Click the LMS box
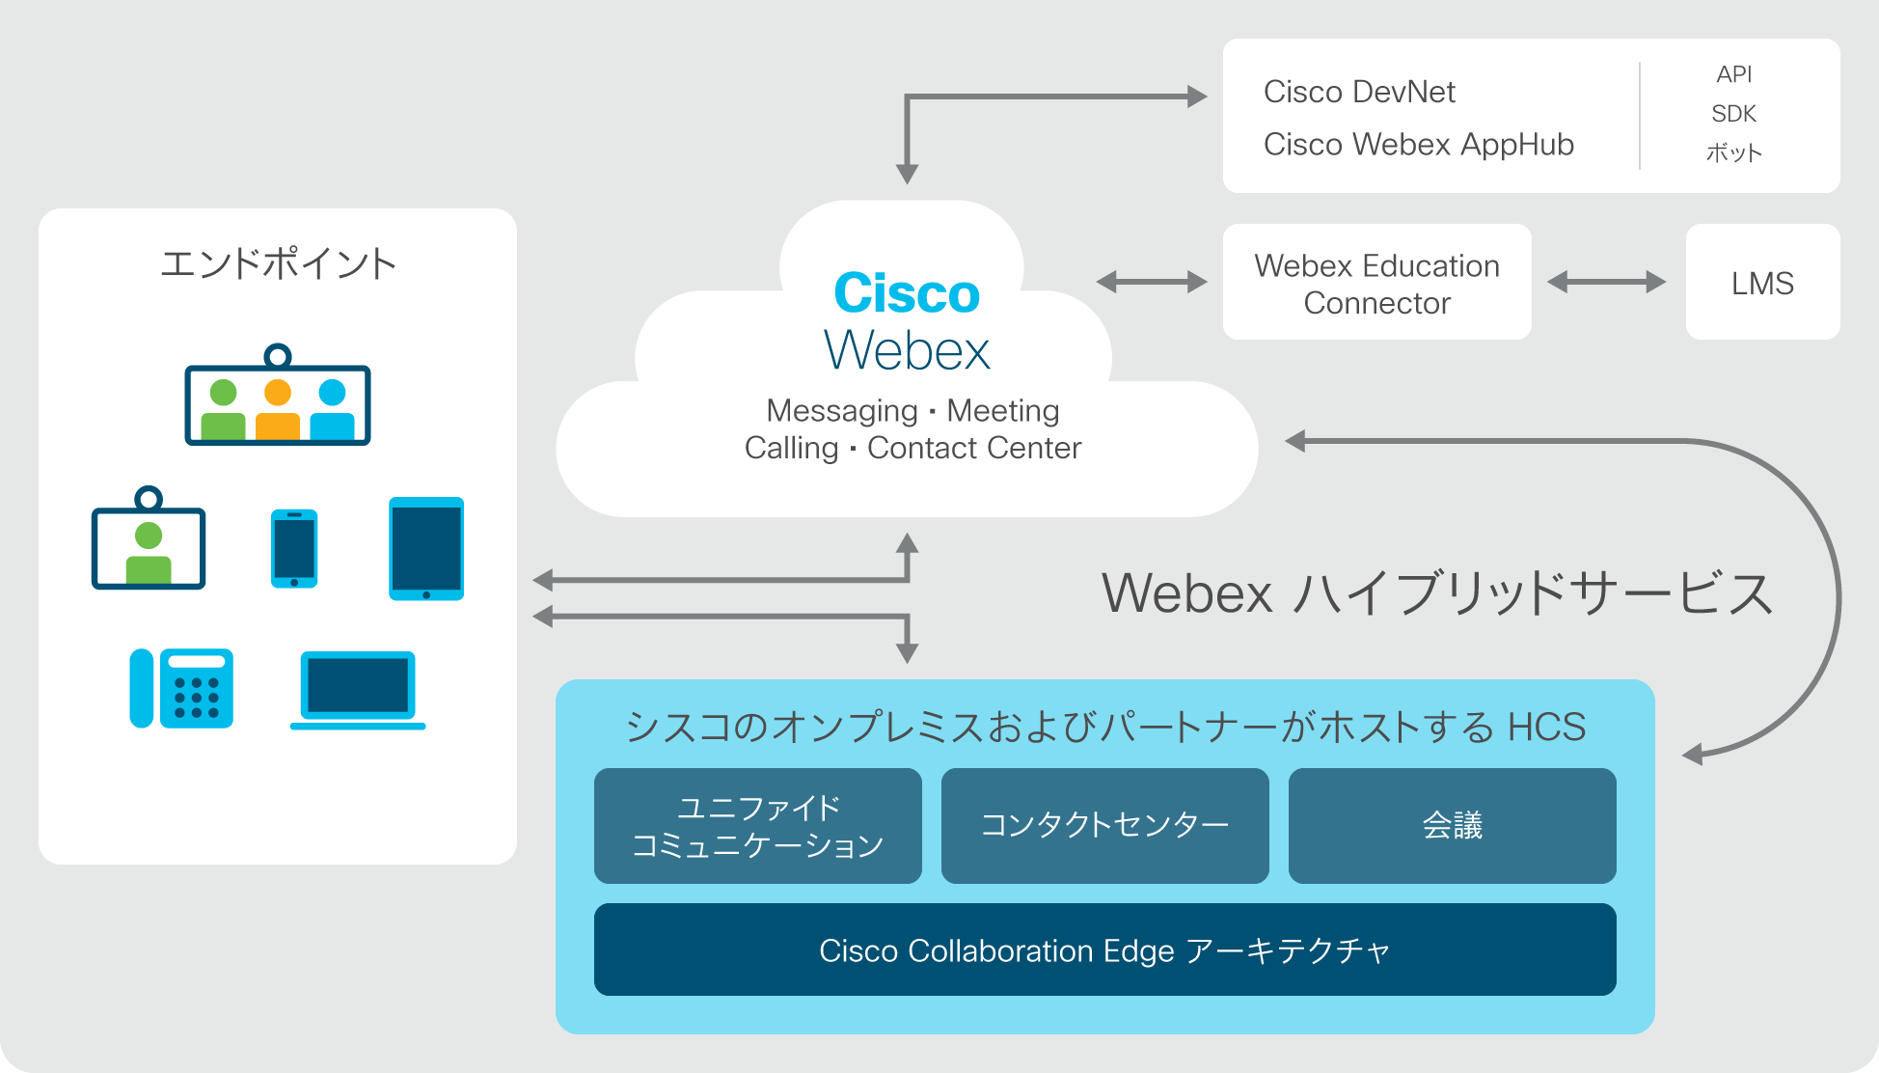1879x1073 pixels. click(x=1762, y=282)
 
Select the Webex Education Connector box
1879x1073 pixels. click(x=1376, y=282)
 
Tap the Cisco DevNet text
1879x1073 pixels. click(x=1359, y=92)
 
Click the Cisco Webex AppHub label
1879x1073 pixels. click(x=1419, y=144)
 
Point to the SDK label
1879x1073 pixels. click(x=1733, y=114)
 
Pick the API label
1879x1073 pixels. click(x=1733, y=74)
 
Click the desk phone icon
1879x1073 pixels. click(x=181, y=688)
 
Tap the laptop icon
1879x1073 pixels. click(x=358, y=690)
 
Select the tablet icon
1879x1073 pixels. click(x=426, y=549)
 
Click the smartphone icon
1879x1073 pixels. click(x=294, y=548)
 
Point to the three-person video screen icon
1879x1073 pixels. click(x=278, y=395)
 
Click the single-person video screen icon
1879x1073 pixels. click(x=149, y=537)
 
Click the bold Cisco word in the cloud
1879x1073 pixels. click(x=907, y=292)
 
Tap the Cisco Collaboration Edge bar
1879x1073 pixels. click(x=1104, y=949)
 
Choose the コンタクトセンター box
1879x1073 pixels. click(x=1104, y=826)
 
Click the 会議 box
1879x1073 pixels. click(x=1452, y=826)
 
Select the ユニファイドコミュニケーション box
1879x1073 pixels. click(x=757, y=826)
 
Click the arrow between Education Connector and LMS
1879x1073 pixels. click(x=1607, y=282)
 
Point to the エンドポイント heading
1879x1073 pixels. click(x=278, y=263)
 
